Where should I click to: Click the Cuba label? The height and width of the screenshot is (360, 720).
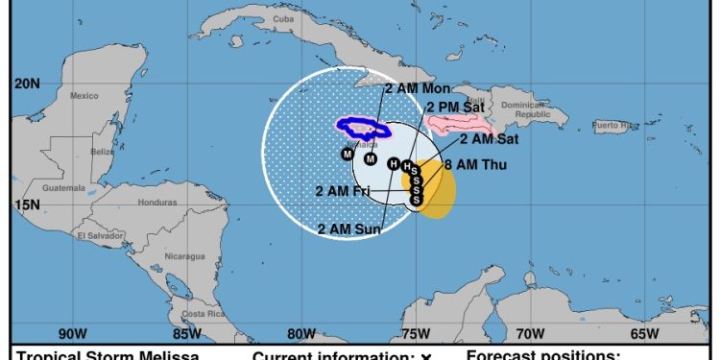click(282, 18)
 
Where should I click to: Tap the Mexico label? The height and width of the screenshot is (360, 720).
click(84, 95)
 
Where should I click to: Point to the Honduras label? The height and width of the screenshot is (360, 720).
click(156, 202)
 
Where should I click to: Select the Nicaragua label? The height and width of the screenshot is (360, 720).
click(183, 256)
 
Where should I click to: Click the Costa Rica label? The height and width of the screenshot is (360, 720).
click(203, 314)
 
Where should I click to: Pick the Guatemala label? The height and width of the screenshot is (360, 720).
click(62, 188)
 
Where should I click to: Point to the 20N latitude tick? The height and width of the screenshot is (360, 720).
click(26, 84)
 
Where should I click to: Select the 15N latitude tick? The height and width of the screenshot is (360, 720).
click(26, 204)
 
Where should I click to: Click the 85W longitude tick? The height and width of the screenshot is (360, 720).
click(186, 334)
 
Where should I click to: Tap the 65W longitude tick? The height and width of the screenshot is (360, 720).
click(644, 334)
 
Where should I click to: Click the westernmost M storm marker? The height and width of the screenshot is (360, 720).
click(348, 155)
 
